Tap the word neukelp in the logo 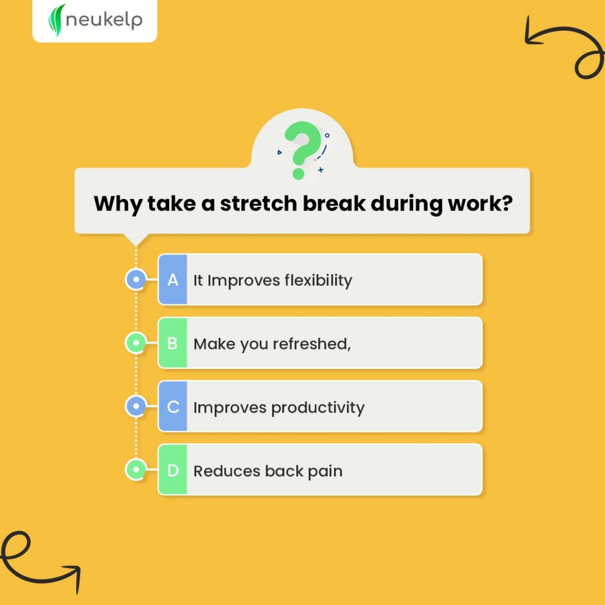[x=104, y=20]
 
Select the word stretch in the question [x=259, y=204]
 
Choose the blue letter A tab [x=173, y=280]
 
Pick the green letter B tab [x=172, y=343]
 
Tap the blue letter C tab [x=173, y=407]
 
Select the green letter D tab [x=173, y=470]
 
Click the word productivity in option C [x=318, y=408]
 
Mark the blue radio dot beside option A [x=136, y=279]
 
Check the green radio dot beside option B [x=136, y=343]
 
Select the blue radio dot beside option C [x=136, y=406]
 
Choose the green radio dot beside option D [x=136, y=470]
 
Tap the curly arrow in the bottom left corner [x=35, y=560]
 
